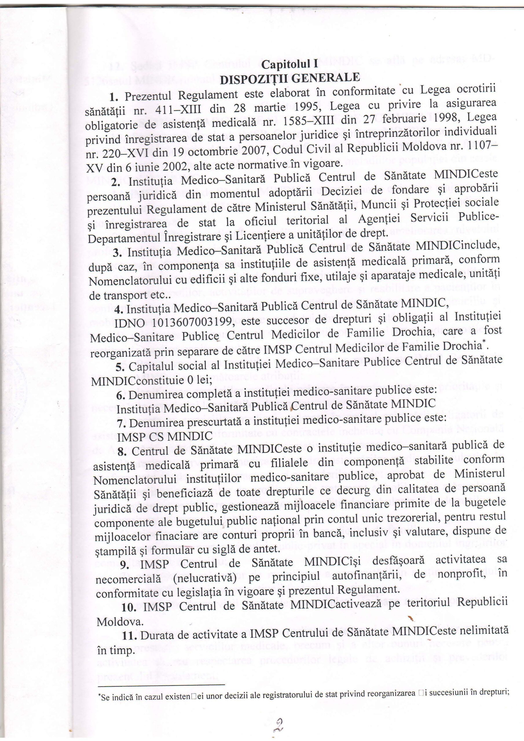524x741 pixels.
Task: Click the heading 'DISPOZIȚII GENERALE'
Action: click(290, 79)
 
